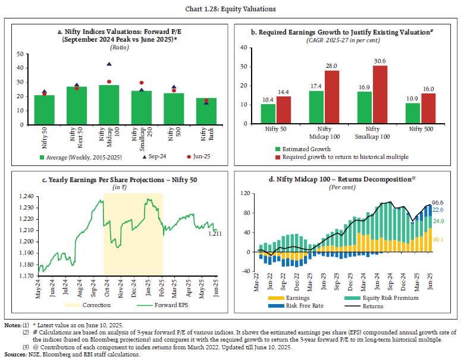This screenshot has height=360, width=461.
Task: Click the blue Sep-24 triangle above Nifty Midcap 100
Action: click(x=108, y=64)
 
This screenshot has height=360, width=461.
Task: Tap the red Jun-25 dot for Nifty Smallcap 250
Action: click(x=141, y=83)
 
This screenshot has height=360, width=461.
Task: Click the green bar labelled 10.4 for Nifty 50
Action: click(x=268, y=114)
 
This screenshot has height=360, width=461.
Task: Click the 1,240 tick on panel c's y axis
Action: click(x=26, y=196)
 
